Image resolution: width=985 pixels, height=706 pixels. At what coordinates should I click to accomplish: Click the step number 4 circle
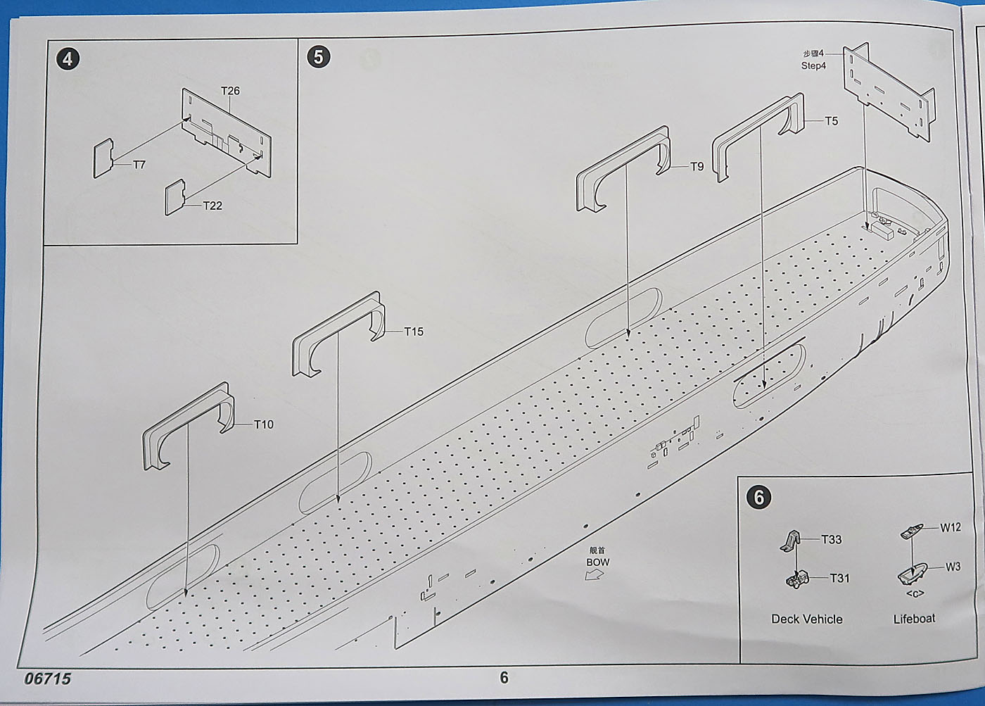click(68, 58)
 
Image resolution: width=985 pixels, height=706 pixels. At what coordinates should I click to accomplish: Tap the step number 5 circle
click(319, 57)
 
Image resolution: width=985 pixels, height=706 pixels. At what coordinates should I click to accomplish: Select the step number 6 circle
click(758, 497)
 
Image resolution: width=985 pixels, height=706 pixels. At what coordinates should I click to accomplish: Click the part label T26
click(230, 91)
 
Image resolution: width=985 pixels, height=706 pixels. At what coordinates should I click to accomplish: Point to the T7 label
click(139, 165)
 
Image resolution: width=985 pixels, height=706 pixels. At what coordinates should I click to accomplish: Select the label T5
click(832, 121)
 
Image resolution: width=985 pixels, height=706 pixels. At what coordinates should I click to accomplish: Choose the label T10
click(263, 424)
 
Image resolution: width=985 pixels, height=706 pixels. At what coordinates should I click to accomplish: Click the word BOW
click(597, 562)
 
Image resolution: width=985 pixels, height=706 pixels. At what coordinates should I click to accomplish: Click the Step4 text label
click(813, 65)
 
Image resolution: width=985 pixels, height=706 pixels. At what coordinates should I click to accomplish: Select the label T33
click(831, 539)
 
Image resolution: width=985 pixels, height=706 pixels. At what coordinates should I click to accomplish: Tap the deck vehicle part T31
click(799, 579)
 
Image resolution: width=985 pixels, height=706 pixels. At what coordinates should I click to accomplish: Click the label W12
click(951, 527)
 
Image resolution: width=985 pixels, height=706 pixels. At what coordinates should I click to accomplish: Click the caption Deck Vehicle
click(806, 619)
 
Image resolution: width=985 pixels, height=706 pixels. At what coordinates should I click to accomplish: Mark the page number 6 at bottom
click(504, 678)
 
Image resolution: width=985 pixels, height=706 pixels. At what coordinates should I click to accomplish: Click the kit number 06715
click(48, 679)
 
